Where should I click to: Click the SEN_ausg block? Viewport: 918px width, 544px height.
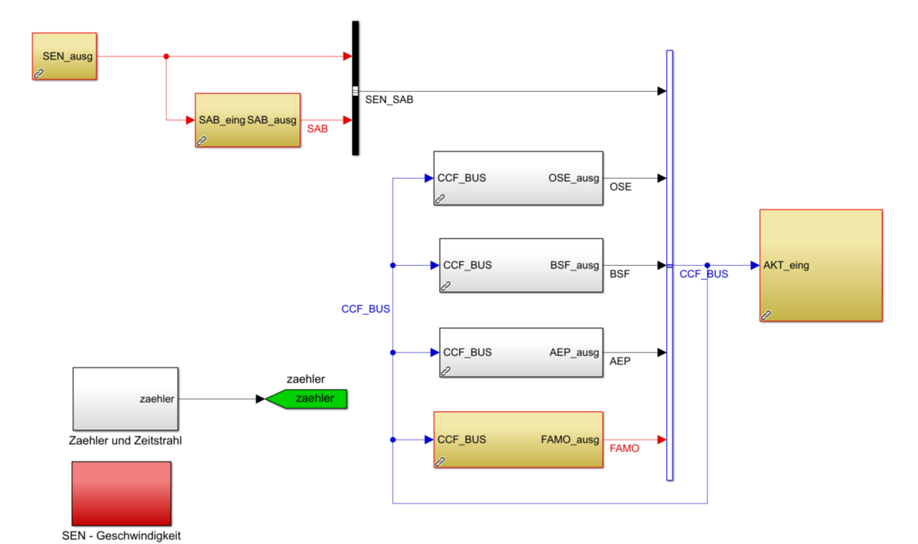coord(64,56)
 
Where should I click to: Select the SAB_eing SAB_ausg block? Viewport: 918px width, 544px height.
coord(247,120)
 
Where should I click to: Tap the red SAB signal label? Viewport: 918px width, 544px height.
coord(317,129)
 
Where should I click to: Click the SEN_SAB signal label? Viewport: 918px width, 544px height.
coord(389,100)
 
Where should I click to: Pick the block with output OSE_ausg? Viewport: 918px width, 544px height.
coord(518,178)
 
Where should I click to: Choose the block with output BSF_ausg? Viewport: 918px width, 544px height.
coord(521,265)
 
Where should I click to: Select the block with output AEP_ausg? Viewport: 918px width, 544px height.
coord(521,352)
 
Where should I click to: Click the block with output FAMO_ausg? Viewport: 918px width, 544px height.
coord(518,439)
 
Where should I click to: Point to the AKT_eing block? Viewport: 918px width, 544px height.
coord(821,265)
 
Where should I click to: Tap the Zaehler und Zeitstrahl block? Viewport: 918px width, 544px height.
coord(125,398)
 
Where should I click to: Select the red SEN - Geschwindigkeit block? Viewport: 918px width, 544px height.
coord(121,493)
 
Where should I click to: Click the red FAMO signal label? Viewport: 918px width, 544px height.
coord(624,449)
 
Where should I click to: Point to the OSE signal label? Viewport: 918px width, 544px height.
coord(620,186)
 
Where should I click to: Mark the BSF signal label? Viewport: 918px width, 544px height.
coord(620,274)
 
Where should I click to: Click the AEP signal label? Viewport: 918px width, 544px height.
coord(620,361)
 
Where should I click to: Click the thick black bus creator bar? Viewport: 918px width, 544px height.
coord(356,88)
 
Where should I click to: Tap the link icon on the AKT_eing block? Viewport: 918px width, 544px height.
coord(766,315)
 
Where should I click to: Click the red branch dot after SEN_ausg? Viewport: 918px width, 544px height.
coord(166,56)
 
